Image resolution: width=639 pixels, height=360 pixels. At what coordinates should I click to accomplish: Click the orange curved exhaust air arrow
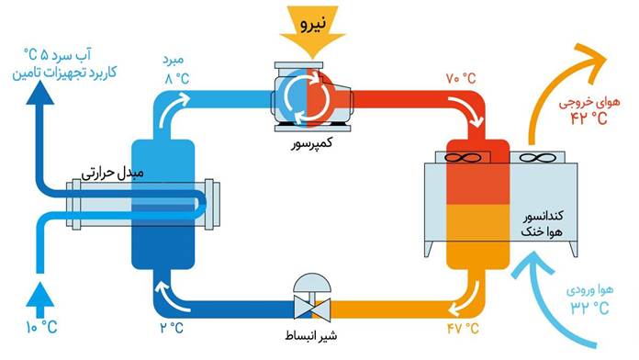560,73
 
